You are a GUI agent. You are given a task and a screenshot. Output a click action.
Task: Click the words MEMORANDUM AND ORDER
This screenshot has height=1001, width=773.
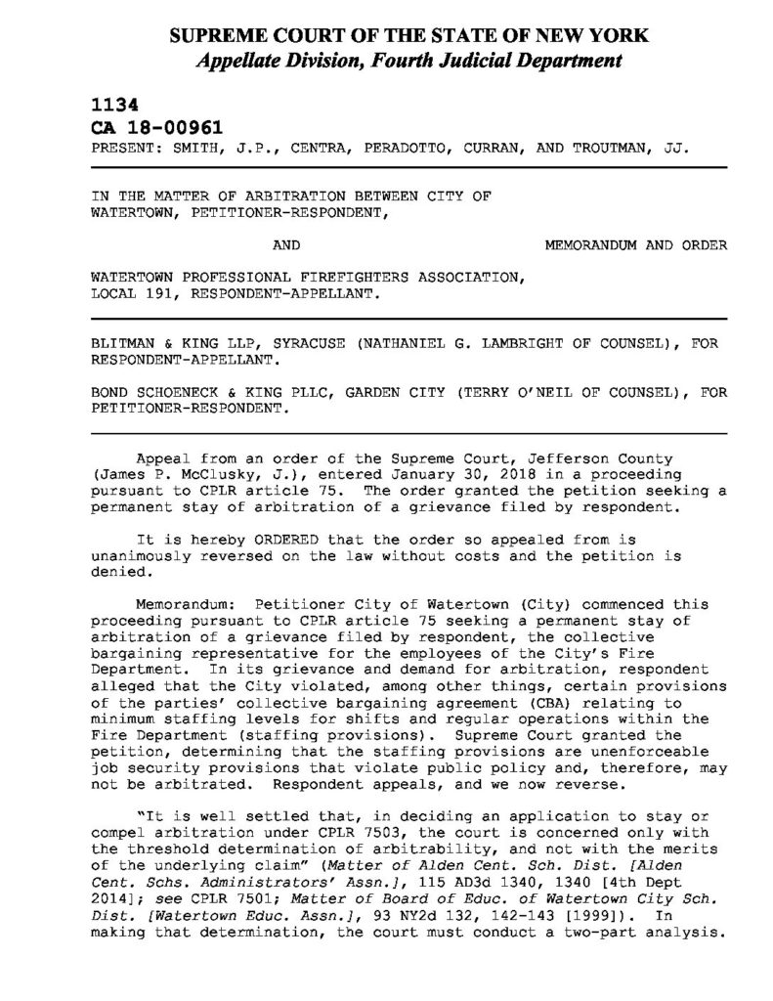pyautogui.click(x=635, y=245)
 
